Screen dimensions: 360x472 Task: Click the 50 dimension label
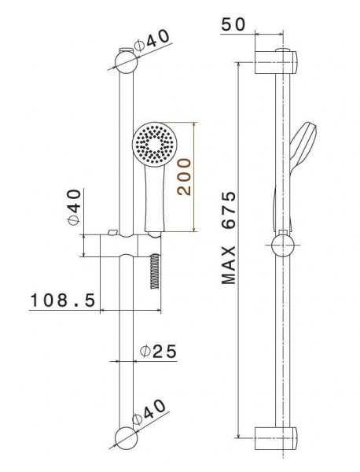point(233,24)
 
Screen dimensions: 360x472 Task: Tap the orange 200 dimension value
point(184,177)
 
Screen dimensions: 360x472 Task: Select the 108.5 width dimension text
point(63,300)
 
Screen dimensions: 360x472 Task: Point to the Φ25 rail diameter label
point(159,351)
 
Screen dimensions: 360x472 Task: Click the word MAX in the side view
point(228,265)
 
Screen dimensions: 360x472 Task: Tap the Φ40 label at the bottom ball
point(149,411)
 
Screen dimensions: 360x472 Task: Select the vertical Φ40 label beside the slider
point(75,207)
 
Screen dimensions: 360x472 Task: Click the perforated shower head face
point(153,143)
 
